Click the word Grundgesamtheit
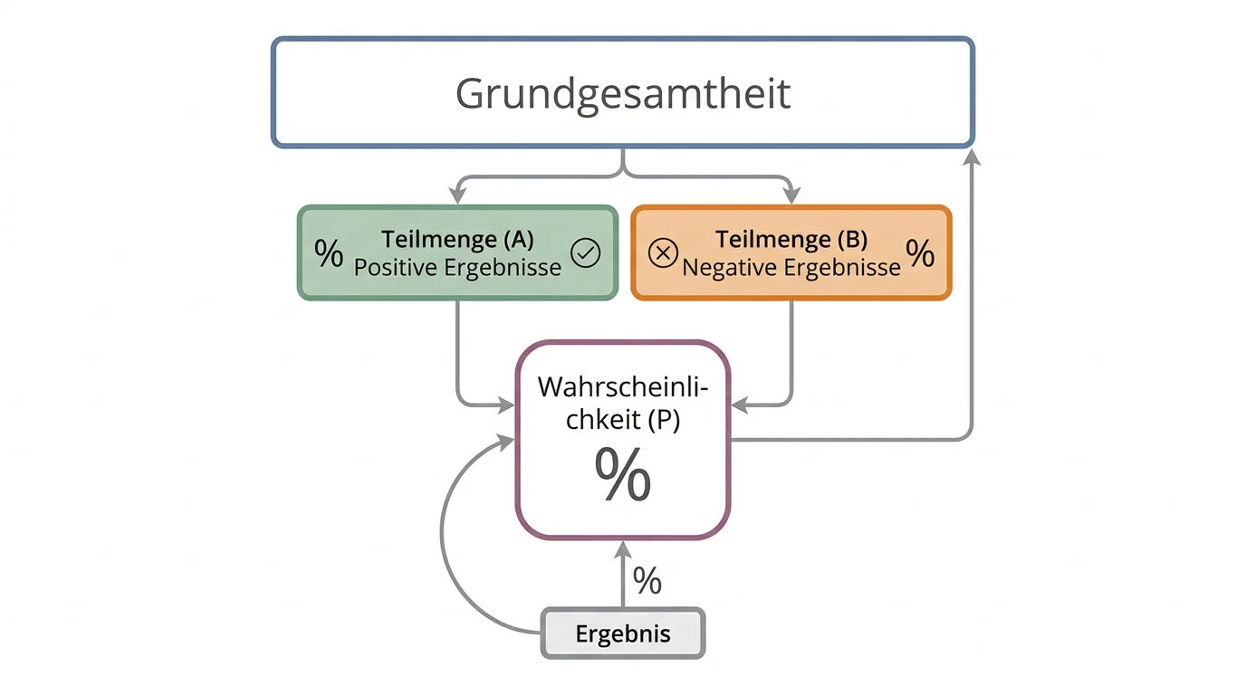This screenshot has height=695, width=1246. pyautogui.click(x=623, y=94)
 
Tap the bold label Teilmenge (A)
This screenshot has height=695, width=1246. pyautogui.click(x=457, y=239)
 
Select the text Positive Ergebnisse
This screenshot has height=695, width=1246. pyautogui.click(x=457, y=268)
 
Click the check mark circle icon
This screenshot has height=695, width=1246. pyautogui.click(x=585, y=253)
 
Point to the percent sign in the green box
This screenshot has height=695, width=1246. pyautogui.click(x=329, y=253)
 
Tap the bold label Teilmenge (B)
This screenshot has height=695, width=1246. pyautogui.click(x=791, y=239)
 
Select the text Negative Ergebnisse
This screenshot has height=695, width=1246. pyautogui.click(x=791, y=268)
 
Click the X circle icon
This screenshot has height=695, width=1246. pyautogui.click(x=663, y=253)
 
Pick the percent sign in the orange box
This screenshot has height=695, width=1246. pyautogui.click(x=920, y=253)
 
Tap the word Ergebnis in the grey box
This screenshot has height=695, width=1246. pyautogui.click(x=623, y=633)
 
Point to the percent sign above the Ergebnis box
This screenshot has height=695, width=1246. pyautogui.click(x=647, y=580)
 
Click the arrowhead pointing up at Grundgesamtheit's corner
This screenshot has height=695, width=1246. pyautogui.click(x=972, y=157)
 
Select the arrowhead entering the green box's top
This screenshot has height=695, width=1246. pyautogui.click(x=457, y=195)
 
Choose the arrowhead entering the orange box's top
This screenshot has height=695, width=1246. pyautogui.click(x=791, y=195)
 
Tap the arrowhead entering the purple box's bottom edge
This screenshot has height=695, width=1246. pyautogui.click(x=622, y=550)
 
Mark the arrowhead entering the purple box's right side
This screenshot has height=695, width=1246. pyautogui.click(x=740, y=405)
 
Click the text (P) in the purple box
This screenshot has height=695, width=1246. pyautogui.click(x=664, y=419)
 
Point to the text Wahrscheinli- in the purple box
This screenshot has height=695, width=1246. pyautogui.click(x=623, y=387)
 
